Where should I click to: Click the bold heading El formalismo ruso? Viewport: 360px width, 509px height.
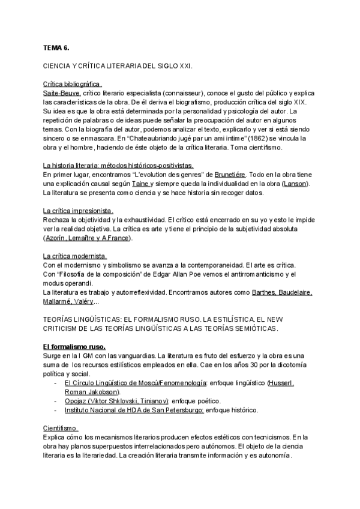pyautogui.click(x=74, y=347)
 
